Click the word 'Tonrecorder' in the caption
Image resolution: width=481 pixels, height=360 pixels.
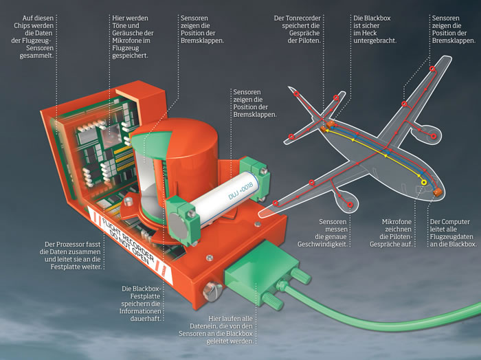coord(303,18)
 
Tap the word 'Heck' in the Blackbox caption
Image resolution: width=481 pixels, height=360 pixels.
coord(370,33)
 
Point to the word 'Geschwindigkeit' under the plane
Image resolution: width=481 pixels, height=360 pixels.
coord(322,245)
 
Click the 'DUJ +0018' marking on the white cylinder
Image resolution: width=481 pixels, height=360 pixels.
coord(240,190)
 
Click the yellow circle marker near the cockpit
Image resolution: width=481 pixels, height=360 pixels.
coord(424,183)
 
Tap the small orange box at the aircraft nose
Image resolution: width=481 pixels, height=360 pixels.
coord(438,192)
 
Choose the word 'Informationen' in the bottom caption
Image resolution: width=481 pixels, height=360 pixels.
coord(140,311)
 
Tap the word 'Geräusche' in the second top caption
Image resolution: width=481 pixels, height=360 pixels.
coord(126,33)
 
